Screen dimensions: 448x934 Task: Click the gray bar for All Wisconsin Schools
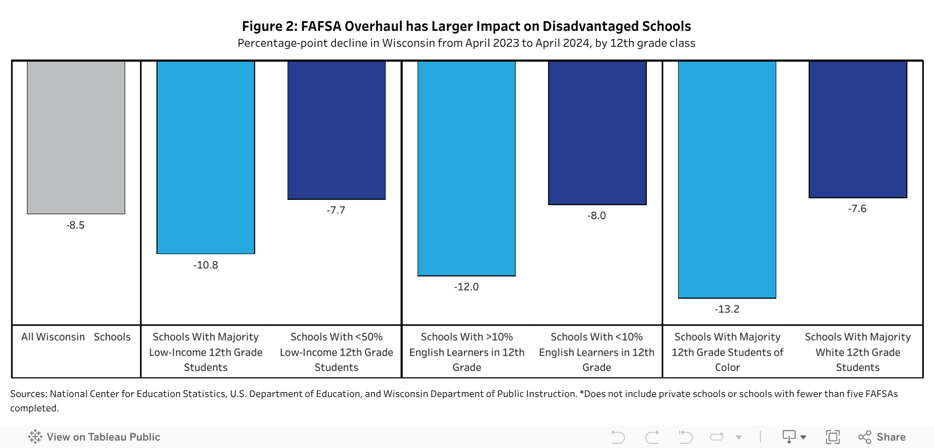[x=76, y=137]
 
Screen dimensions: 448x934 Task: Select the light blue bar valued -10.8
[x=206, y=157]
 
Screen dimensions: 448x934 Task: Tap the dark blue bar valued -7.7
[x=336, y=130]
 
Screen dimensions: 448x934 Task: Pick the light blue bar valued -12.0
[x=466, y=168]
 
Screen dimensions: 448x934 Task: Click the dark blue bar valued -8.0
[x=597, y=132]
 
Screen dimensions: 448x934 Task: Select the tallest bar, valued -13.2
[x=727, y=179]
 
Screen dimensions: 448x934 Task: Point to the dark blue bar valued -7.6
[x=858, y=129]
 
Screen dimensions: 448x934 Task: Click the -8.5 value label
[x=75, y=225]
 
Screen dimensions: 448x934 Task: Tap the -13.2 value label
[x=727, y=309]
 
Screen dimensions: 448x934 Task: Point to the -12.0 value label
[x=466, y=287]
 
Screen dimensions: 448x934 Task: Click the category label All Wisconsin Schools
[x=76, y=337]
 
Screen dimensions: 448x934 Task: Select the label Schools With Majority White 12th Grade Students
[x=858, y=352]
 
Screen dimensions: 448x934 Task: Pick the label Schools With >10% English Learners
[x=466, y=352]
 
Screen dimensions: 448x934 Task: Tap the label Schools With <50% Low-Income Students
[x=336, y=352]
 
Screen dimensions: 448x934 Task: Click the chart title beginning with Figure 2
[x=466, y=26]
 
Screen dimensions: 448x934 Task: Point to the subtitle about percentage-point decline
[x=466, y=43]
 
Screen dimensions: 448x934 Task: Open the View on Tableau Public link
[x=94, y=437]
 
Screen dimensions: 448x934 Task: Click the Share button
[x=882, y=437]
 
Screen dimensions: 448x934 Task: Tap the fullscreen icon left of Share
[x=833, y=437]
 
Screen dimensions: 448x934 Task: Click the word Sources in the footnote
[x=28, y=394]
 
